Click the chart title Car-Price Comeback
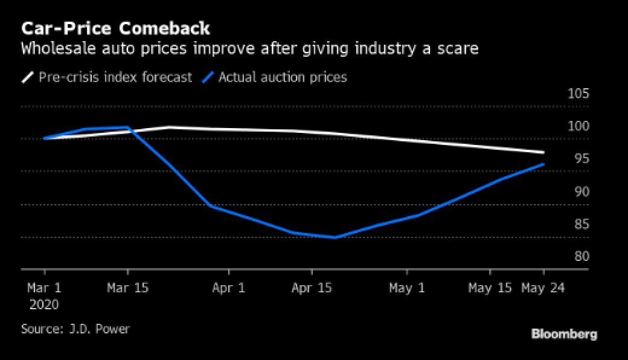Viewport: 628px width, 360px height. (x=115, y=28)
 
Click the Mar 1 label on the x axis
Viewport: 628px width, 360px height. (x=44, y=288)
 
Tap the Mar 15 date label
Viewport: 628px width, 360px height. (x=127, y=288)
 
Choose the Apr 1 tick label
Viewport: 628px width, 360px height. (x=228, y=288)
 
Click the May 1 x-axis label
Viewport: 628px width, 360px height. (x=407, y=288)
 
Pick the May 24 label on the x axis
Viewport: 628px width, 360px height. (x=543, y=288)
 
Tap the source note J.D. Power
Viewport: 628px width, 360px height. (x=75, y=329)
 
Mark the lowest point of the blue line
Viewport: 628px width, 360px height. (x=334, y=237)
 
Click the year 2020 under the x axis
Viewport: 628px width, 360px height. (x=44, y=304)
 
